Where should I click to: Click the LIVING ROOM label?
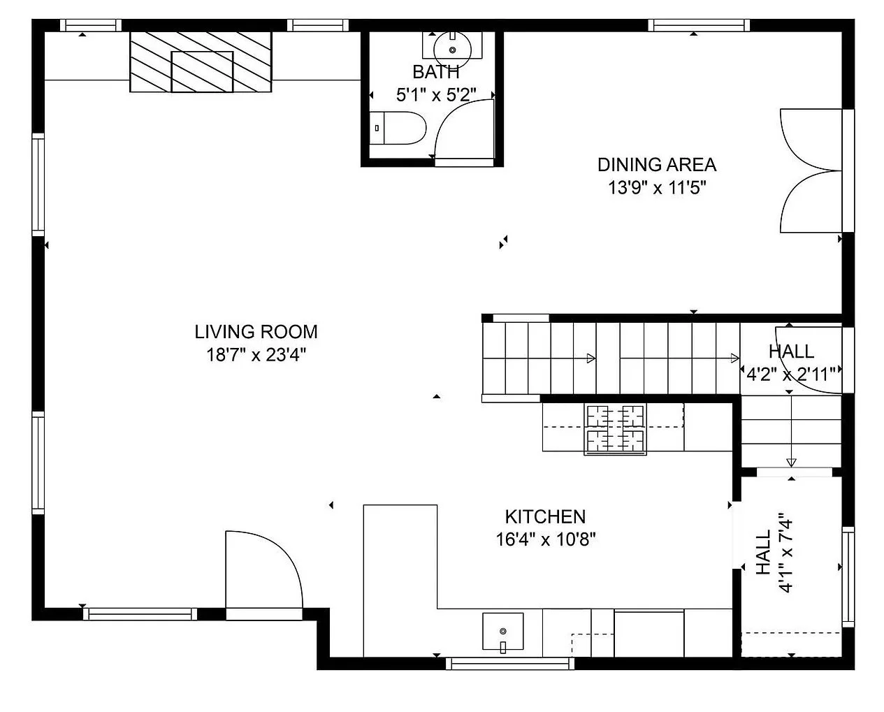point(256,331)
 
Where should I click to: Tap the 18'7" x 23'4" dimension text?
point(256,355)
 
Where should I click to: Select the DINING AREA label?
point(656,165)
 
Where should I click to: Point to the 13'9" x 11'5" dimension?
point(656,188)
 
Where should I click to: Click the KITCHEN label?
point(545,517)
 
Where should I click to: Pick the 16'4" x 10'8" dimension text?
point(545,539)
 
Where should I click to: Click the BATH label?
point(436,72)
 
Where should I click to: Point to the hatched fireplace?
point(201,61)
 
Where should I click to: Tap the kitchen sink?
point(502,632)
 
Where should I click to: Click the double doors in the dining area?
point(811,170)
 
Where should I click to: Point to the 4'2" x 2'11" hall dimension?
point(791,375)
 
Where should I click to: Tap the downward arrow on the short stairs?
point(791,462)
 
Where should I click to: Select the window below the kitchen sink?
point(509,663)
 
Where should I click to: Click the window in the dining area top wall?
point(699,26)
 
